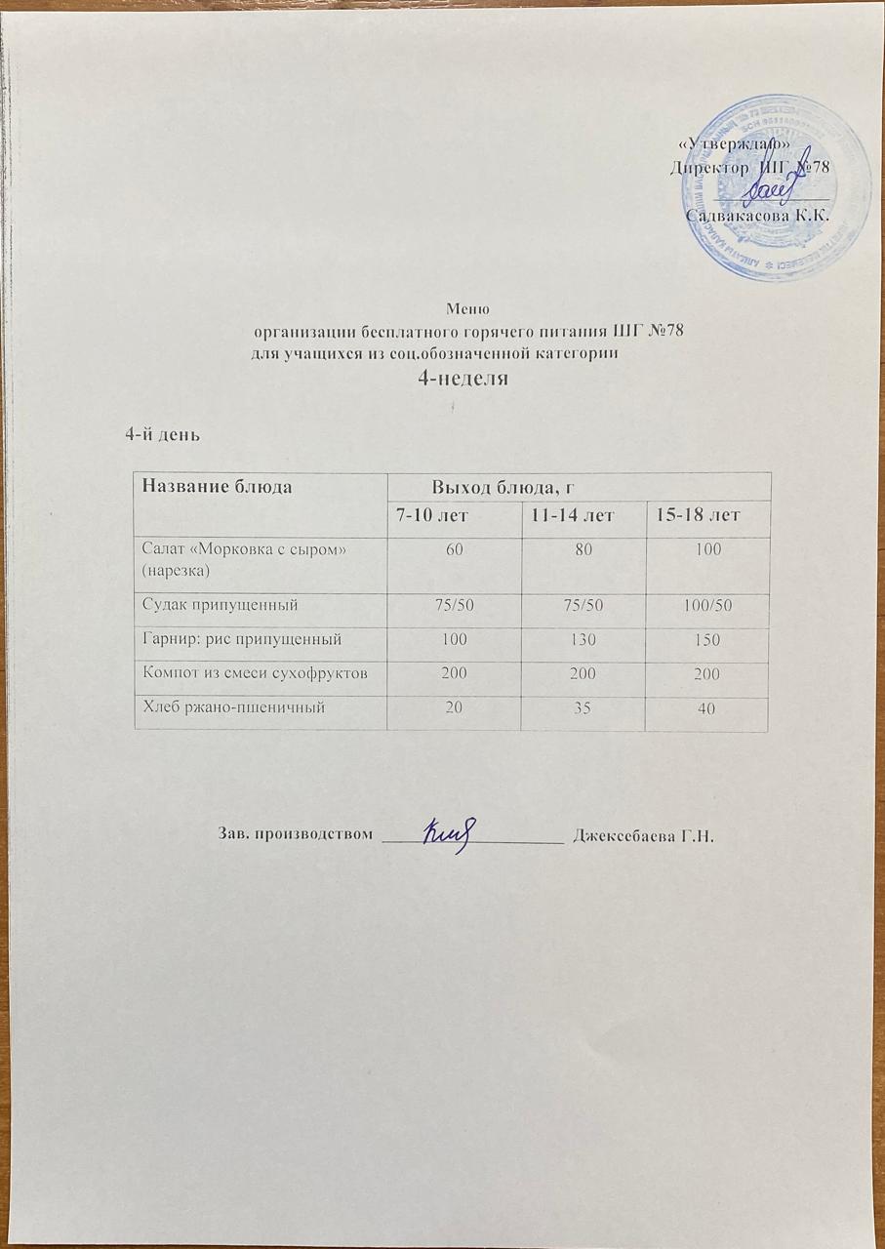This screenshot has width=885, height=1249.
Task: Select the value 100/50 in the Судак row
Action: click(x=707, y=606)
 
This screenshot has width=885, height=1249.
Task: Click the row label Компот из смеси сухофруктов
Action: click(x=259, y=674)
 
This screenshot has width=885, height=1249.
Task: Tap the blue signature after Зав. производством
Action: click(x=448, y=834)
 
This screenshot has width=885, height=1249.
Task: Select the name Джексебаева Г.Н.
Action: click(x=645, y=835)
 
